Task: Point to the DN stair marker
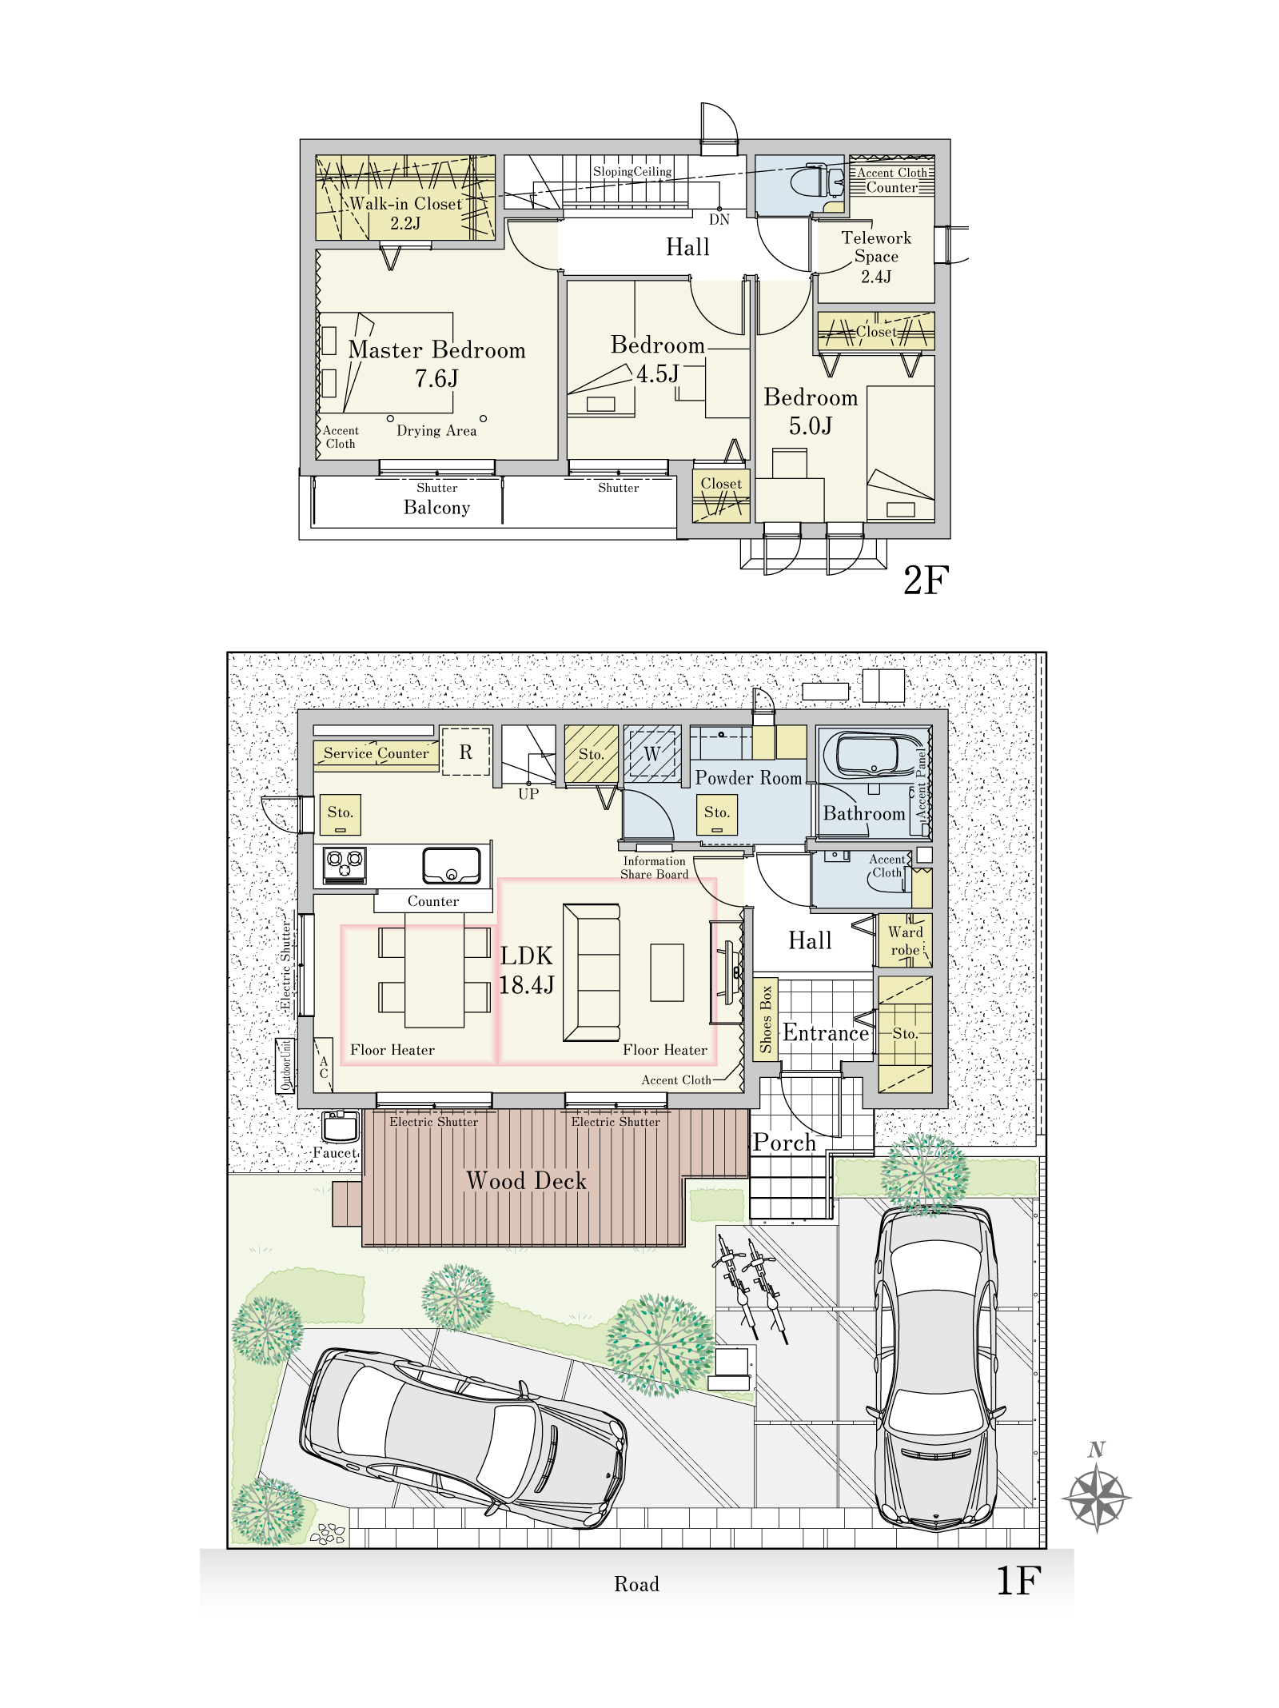click(x=719, y=219)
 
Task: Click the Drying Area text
click(x=436, y=430)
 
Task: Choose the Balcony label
click(x=436, y=508)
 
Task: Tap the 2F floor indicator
click(x=926, y=581)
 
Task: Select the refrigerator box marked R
click(x=466, y=752)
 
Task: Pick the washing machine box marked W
click(x=652, y=752)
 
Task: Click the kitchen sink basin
click(x=452, y=864)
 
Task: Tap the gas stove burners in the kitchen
click(x=345, y=865)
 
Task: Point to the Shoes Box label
click(x=766, y=1020)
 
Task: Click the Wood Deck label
click(x=526, y=1181)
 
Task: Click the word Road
click(x=636, y=1584)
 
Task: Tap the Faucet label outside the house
click(x=336, y=1152)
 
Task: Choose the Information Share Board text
click(x=655, y=868)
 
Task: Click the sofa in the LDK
click(x=592, y=972)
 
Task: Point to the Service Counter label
click(x=376, y=753)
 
